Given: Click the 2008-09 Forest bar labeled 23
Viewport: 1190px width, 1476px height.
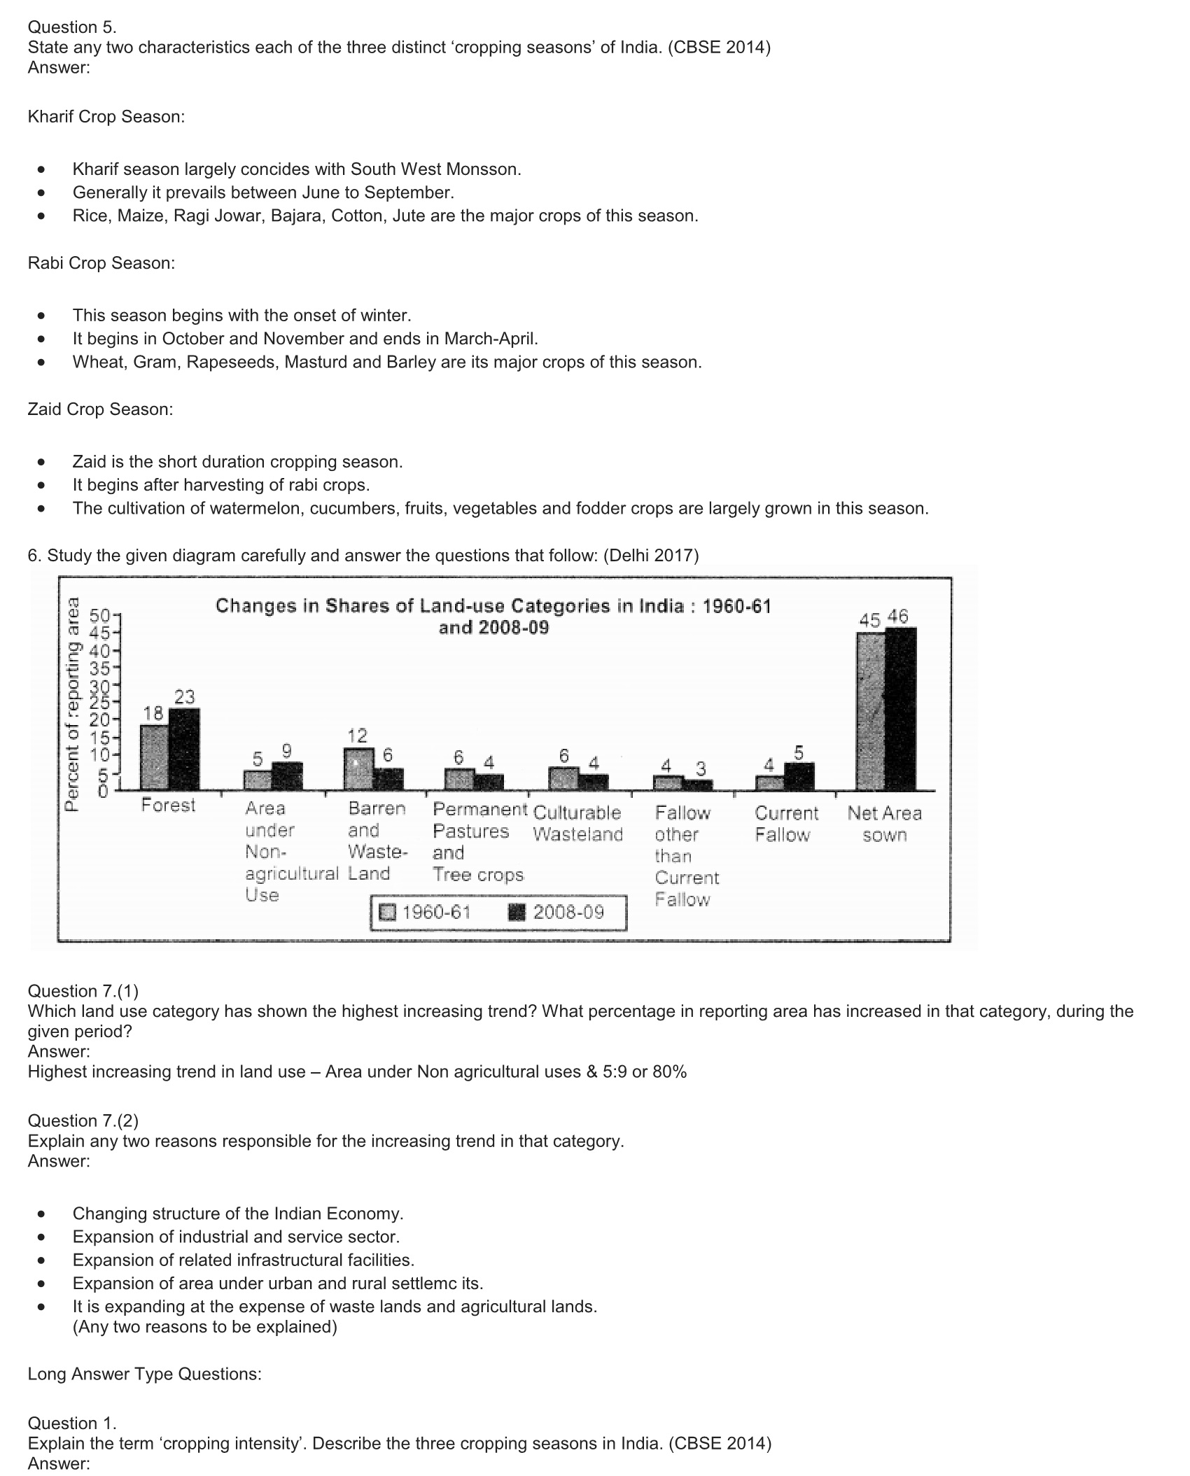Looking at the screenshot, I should click(x=184, y=749).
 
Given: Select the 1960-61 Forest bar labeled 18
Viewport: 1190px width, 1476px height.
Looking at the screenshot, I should click(x=154, y=757).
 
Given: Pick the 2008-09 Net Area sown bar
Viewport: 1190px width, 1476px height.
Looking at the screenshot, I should click(x=900, y=708).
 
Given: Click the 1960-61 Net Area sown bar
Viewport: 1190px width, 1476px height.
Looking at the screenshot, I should click(x=871, y=711).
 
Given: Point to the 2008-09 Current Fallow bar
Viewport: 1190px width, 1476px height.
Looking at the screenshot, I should click(x=799, y=776).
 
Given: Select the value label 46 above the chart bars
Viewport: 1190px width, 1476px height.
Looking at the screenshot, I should click(x=897, y=617).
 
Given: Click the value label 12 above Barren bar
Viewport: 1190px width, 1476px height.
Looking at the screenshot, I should click(x=357, y=735).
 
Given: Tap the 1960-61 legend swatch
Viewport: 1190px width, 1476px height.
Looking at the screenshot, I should click(x=387, y=913).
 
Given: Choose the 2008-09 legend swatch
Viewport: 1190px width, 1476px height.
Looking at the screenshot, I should click(x=516, y=913).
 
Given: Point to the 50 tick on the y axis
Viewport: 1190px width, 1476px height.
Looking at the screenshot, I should click(x=100, y=617).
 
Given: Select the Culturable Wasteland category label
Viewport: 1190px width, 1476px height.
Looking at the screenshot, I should click(x=577, y=823).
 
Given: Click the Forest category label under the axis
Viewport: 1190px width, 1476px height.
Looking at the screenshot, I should click(x=168, y=806).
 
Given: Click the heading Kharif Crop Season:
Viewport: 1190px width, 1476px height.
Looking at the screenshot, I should click(x=106, y=117).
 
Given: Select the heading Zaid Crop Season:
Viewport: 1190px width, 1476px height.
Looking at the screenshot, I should click(x=100, y=409).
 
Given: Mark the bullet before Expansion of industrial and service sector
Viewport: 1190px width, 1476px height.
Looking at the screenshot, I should click(x=43, y=1237).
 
